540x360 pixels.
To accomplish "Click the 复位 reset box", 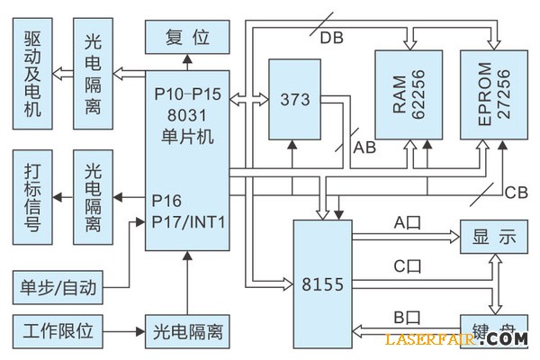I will tap(187, 37).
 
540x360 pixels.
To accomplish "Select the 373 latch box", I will tap(294, 99).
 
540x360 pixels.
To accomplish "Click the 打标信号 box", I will tap(33, 197).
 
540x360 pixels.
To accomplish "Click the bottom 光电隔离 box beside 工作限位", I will tap(187, 332).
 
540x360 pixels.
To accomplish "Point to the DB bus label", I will tap(331, 37).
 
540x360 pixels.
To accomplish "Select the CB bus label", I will tap(516, 192).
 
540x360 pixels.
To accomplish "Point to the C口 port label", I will tap(407, 266).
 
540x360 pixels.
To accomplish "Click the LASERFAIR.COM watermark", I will tap(455, 339).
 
